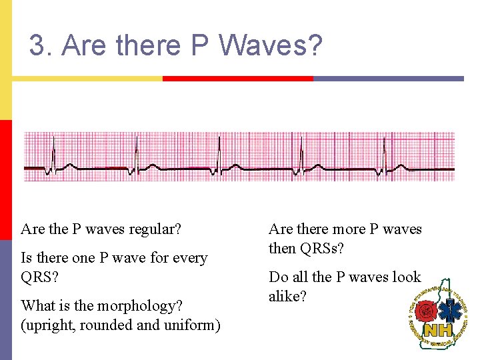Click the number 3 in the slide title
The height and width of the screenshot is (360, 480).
click(37, 46)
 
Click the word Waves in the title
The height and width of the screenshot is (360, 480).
click(270, 46)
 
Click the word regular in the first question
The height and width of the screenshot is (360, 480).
click(157, 229)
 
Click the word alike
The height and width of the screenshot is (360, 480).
click(287, 296)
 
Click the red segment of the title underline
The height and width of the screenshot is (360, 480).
click(237, 79)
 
